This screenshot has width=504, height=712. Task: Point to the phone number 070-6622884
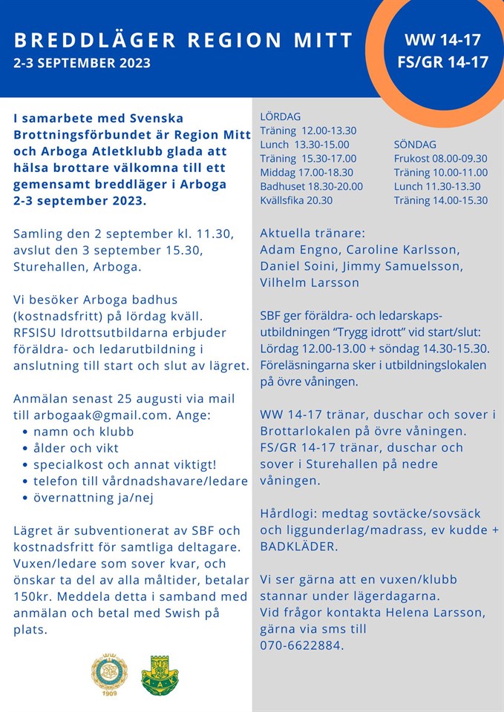(x=301, y=645)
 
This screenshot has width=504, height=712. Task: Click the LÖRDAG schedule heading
(x=281, y=116)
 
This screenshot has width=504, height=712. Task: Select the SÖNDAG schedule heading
(x=415, y=145)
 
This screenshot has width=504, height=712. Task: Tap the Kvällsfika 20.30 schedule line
(x=296, y=200)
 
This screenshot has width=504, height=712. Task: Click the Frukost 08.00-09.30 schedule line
(x=440, y=159)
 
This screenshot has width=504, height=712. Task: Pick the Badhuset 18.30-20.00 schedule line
(x=311, y=186)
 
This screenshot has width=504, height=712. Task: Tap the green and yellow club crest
(x=160, y=674)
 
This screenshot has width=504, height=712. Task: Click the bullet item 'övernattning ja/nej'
(x=94, y=498)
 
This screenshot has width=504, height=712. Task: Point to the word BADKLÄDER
(x=298, y=547)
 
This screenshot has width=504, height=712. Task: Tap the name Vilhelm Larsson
(x=310, y=283)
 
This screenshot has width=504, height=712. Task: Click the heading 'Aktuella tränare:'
(x=312, y=234)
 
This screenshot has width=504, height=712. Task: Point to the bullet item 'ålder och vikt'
(x=76, y=448)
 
